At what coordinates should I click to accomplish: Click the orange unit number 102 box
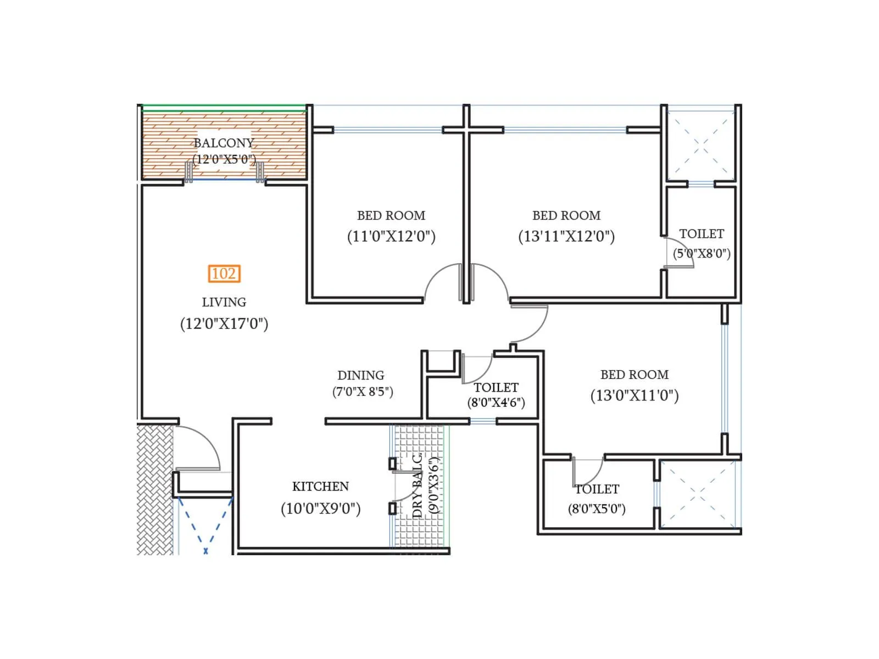(x=224, y=273)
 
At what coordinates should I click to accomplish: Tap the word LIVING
(x=224, y=302)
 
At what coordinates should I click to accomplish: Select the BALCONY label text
(x=224, y=143)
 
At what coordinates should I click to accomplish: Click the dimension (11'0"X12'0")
(x=391, y=236)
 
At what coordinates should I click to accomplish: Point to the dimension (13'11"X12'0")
(x=566, y=236)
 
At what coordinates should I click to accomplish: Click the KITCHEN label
(x=320, y=487)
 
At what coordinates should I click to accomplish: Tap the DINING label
(x=360, y=375)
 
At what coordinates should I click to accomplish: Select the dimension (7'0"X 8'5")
(x=363, y=392)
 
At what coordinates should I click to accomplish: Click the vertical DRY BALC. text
(x=418, y=486)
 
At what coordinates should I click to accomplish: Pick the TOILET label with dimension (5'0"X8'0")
(x=702, y=234)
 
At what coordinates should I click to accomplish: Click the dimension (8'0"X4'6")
(x=496, y=403)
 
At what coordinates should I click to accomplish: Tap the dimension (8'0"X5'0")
(x=597, y=509)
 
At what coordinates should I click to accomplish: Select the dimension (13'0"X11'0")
(x=635, y=395)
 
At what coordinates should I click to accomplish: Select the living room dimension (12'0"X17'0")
(x=224, y=323)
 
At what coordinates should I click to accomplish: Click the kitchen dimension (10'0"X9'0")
(x=320, y=509)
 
